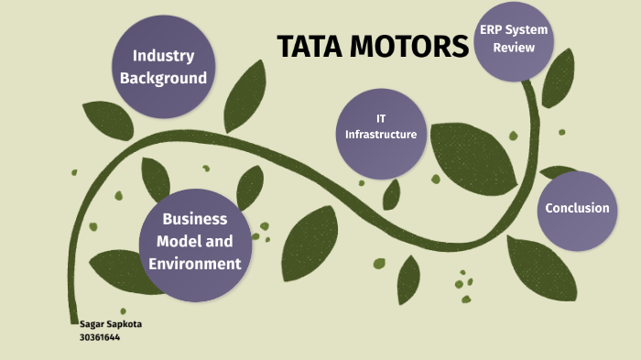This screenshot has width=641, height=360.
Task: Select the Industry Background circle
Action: pos(164,67)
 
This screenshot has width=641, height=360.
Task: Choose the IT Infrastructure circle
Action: pos(381,127)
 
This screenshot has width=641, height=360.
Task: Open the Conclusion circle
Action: pos(577,209)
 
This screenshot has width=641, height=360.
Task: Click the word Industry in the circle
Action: pos(164,56)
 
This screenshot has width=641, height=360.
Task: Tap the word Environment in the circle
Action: pos(194,264)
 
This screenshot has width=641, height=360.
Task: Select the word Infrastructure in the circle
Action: pos(381,135)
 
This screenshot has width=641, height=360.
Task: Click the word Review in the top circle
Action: pos(514,47)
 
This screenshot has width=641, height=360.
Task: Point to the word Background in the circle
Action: pos(164,78)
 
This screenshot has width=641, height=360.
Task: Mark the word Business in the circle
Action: pos(194,219)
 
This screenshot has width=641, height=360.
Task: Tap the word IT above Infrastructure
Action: pos(381,119)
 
